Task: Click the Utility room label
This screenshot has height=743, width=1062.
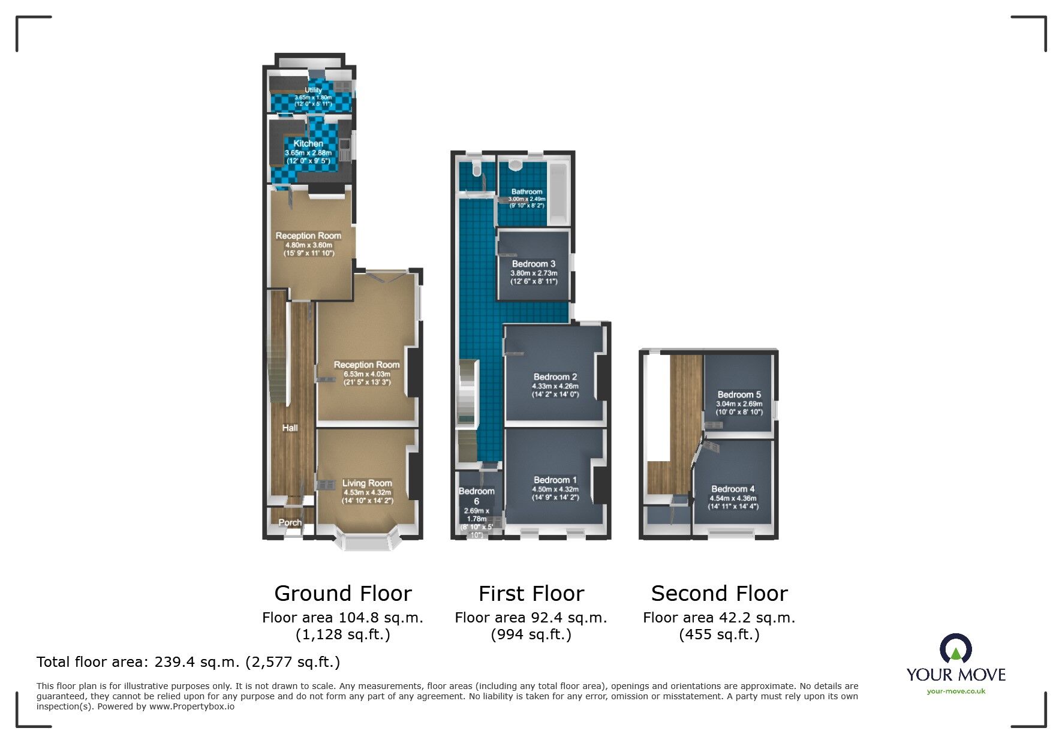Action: tap(313, 91)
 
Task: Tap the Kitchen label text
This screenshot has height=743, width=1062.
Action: tap(308, 144)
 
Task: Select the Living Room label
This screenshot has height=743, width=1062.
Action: tap(367, 483)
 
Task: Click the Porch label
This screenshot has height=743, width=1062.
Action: tap(290, 523)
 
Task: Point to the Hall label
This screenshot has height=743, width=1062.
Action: tap(290, 428)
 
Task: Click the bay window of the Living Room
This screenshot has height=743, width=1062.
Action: tap(367, 543)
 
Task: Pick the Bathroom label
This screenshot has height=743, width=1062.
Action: tap(527, 192)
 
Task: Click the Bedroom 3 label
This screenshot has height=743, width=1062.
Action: tap(534, 264)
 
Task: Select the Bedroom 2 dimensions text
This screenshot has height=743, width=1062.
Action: tap(555, 390)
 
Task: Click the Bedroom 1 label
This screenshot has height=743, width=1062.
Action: tap(555, 480)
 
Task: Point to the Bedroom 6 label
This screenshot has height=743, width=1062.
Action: tap(477, 496)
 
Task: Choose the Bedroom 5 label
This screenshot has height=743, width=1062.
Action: tap(739, 395)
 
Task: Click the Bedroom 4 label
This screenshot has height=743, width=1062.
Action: tap(733, 489)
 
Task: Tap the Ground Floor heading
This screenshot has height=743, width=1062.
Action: tap(343, 594)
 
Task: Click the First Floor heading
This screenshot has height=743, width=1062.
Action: tap(531, 594)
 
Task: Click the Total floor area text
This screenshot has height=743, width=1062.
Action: tap(188, 662)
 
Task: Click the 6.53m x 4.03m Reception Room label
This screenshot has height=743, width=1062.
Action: tap(367, 374)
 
